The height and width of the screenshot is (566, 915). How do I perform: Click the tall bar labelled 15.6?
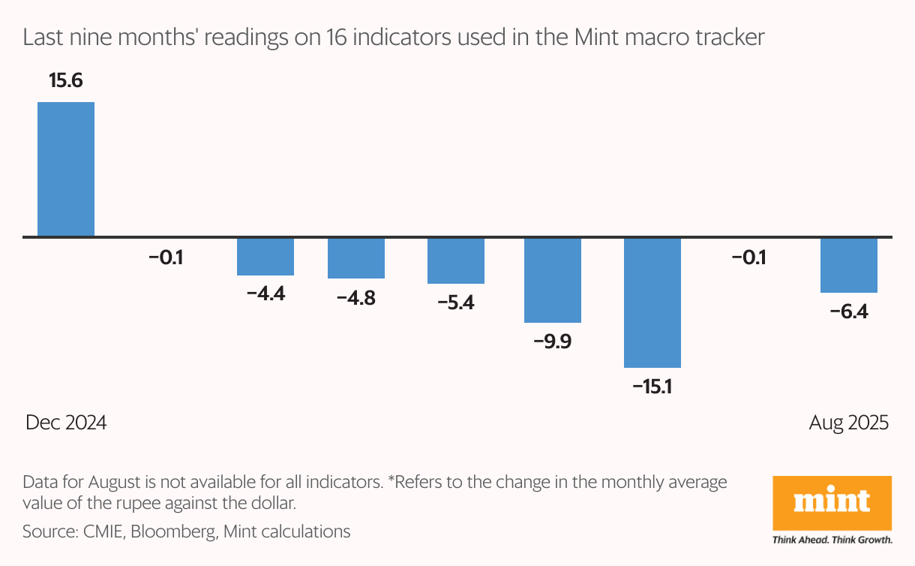click(x=66, y=169)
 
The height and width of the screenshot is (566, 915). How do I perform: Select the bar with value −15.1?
click(x=652, y=303)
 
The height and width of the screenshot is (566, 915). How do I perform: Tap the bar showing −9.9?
click(x=553, y=280)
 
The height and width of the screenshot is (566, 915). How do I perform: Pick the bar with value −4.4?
click(x=265, y=257)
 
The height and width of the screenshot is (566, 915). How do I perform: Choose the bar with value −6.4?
click(x=849, y=265)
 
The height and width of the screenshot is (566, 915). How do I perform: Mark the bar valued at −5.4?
click(x=456, y=260)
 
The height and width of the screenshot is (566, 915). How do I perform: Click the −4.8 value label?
click(x=356, y=298)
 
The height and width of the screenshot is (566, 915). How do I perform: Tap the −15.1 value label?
click(x=652, y=387)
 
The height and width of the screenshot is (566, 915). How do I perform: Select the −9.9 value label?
click(x=553, y=342)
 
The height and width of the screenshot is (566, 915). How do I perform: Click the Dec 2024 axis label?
click(x=66, y=423)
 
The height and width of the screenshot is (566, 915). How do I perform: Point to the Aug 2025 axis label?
click(x=848, y=423)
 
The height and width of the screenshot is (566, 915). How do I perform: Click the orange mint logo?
click(x=832, y=501)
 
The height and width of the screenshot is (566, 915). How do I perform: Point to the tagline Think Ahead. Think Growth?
click(x=832, y=539)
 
